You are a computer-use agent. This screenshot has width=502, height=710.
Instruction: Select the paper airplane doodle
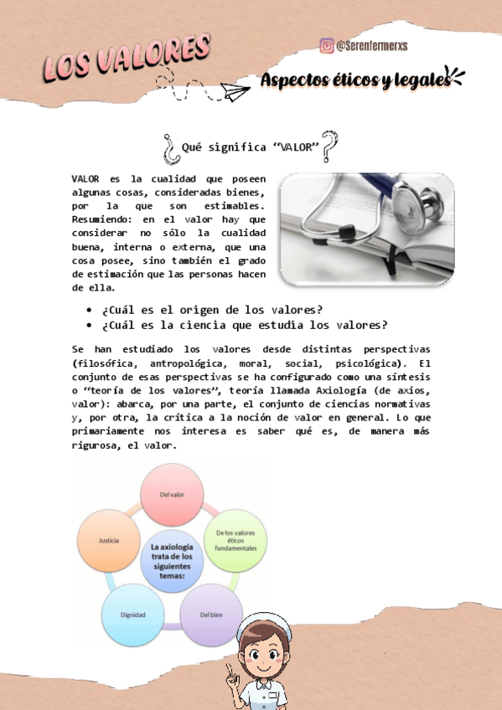click(x=236, y=90)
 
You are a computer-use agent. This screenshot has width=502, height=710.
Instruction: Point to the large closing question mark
click(x=330, y=146)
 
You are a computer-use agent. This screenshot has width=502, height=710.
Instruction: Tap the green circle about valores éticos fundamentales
click(x=235, y=540)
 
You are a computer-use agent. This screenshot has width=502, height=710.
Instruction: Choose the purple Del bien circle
click(x=211, y=614)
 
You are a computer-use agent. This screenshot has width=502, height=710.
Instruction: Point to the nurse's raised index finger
click(x=228, y=667)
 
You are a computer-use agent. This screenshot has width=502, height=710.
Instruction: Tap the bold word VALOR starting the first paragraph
click(x=85, y=178)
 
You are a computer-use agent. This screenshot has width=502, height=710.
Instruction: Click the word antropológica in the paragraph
click(x=185, y=364)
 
